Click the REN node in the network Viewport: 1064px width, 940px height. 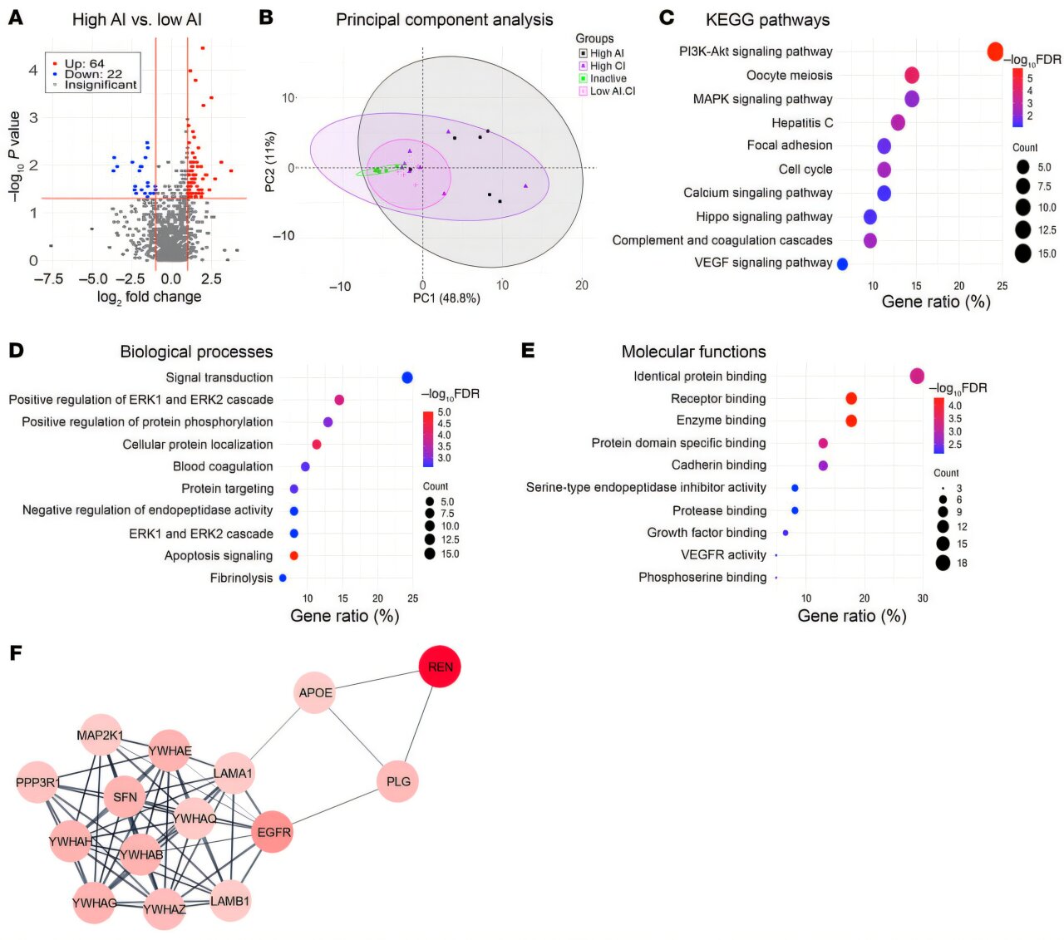(440, 667)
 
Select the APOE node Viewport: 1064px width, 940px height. (315, 692)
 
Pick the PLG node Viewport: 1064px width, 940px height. (398, 781)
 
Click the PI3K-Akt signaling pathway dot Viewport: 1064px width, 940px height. (995, 52)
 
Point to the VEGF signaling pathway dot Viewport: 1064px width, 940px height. (842, 263)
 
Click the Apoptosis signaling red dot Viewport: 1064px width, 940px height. (293, 555)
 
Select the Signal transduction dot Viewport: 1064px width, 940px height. (407, 377)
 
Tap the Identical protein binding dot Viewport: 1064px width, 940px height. (917, 376)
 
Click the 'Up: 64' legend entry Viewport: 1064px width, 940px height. (84, 63)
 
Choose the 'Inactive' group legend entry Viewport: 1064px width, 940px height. (608, 78)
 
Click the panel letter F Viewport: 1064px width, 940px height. (15, 652)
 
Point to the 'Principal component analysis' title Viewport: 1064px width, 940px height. (444, 19)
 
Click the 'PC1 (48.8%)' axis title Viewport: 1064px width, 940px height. (446, 298)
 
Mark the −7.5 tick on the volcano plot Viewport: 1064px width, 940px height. (48, 279)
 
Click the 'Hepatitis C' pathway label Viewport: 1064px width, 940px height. (801, 122)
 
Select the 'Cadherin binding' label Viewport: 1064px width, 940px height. (718, 465)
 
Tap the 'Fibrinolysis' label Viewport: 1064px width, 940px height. (241, 578)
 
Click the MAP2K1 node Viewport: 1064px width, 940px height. (101, 736)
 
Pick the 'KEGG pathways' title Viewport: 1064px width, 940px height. (767, 20)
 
